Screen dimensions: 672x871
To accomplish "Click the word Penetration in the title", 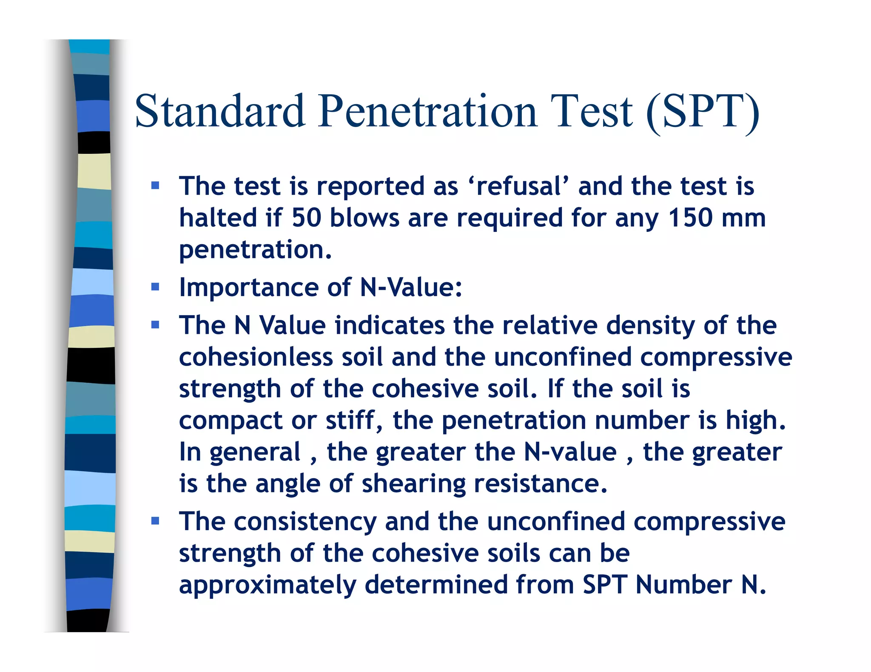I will pos(427,111).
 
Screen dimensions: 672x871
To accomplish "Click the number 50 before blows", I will pos(306,217).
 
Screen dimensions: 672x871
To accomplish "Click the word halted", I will pos(218,217).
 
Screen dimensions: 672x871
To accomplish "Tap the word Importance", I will pos(248,288).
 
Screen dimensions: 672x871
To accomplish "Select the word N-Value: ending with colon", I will pos(411,288).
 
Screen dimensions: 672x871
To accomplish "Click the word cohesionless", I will pos(256,357).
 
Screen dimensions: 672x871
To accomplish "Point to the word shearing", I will pos(413,484).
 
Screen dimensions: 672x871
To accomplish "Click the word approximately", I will pos(268,585).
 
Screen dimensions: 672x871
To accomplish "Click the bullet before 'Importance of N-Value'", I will pos(155,287).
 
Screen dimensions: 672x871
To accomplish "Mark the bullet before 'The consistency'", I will pos(155,521).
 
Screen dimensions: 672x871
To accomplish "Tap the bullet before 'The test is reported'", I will pos(155,186).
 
